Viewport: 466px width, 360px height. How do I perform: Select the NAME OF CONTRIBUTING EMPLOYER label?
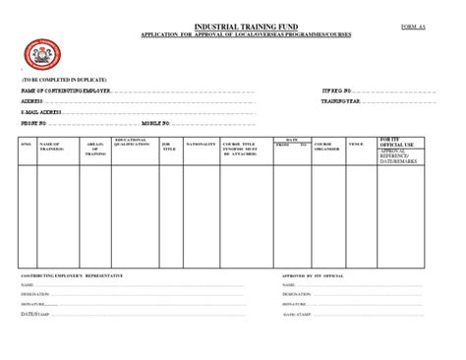[x=67, y=90]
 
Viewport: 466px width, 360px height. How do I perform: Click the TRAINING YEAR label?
[x=341, y=100]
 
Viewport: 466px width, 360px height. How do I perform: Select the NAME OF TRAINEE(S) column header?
[x=51, y=147]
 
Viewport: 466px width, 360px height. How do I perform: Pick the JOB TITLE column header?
[x=168, y=147]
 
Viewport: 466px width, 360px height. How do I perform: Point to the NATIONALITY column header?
[x=201, y=145]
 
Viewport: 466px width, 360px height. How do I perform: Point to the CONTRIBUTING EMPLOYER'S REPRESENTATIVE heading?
[x=73, y=276]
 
